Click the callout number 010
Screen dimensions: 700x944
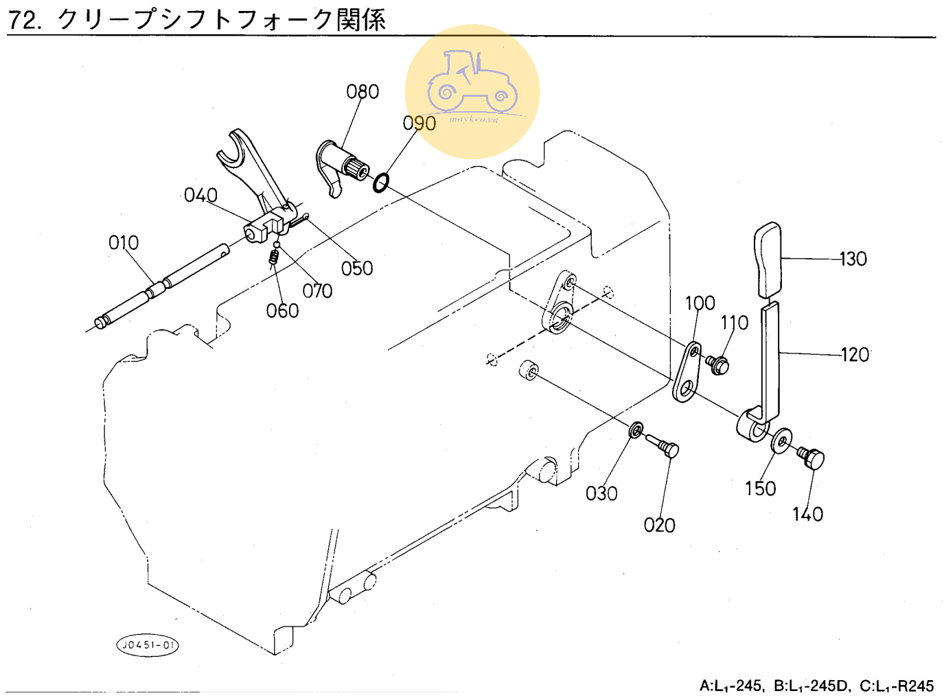tap(124, 243)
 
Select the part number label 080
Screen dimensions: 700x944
tap(362, 92)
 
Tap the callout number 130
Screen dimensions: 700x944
tap(853, 259)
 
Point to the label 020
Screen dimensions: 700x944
tap(659, 525)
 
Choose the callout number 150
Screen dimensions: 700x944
tap(760, 489)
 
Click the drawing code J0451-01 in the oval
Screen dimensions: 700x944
tap(147, 645)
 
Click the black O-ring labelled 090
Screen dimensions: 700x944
tap(381, 183)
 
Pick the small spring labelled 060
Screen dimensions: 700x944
tap(273, 256)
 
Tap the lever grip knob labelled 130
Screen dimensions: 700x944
tap(768, 259)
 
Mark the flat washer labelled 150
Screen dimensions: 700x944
tap(781, 441)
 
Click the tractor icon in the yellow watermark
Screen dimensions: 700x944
tap(472, 82)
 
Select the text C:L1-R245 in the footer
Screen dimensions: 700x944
tap(897, 686)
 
